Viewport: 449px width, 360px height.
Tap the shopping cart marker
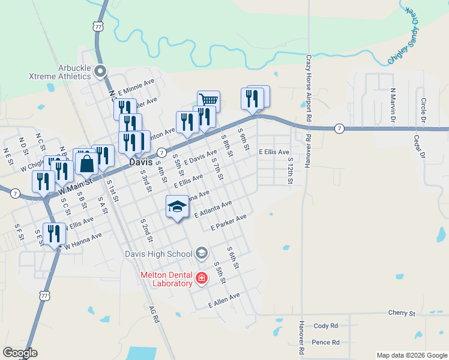[x=208, y=100]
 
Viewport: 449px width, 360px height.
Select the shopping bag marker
[x=86, y=163]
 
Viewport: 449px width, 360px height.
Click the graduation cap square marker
[x=177, y=207]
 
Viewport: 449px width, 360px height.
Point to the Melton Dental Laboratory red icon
[x=201, y=278]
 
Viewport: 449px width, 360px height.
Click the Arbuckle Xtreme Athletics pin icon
[x=100, y=71]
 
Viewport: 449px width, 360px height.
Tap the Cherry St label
[x=402, y=313]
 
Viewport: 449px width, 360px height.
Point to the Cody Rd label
[x=326, y=326]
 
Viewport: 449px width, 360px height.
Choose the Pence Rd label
[x=326, y=343]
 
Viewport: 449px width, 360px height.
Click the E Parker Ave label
[x=229, y=223]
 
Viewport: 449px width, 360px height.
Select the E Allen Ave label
[x=224, y=301]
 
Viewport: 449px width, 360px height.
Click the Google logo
[x=20, y=353]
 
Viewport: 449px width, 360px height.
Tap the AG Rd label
[x=154, y=316]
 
